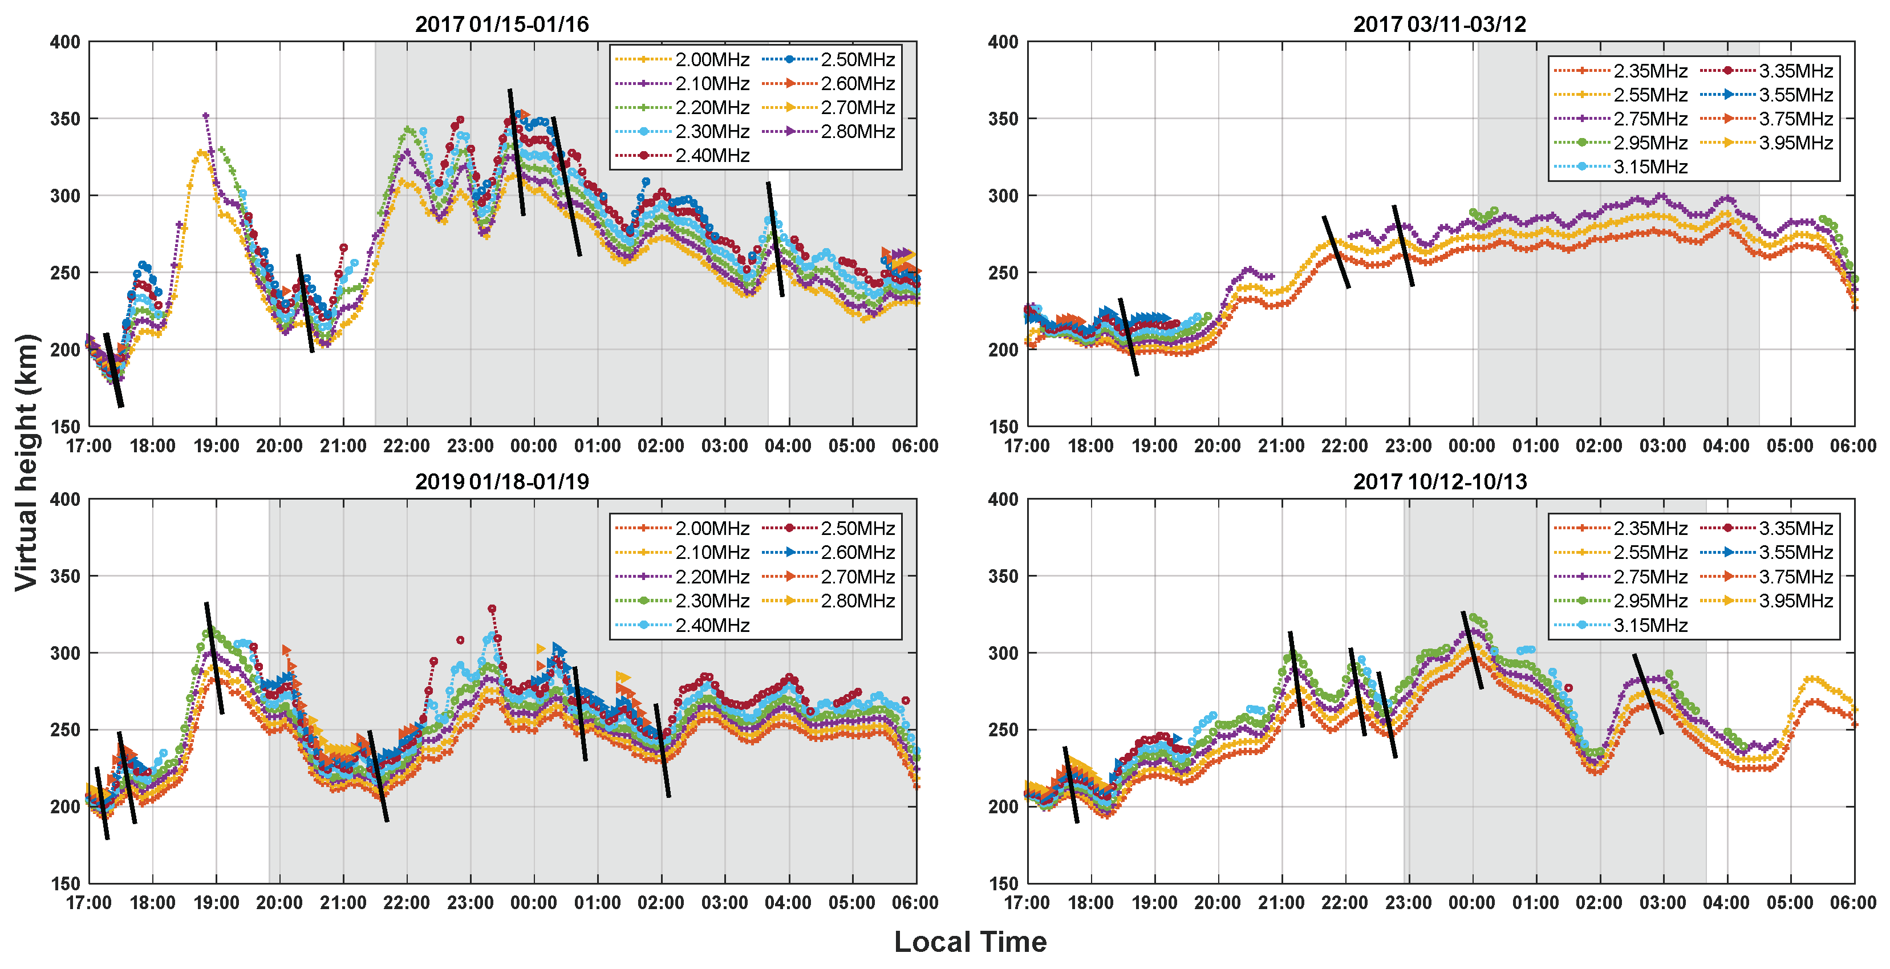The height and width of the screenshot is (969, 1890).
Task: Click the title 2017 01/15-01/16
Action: (502, 24)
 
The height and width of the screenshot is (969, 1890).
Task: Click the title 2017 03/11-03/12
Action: (1439, 24)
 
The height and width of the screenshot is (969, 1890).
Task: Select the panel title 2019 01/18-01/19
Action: (502, 481)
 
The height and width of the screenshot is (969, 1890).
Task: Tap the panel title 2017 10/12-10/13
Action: (1439, 481)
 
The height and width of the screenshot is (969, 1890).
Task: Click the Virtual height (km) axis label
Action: (26, 462)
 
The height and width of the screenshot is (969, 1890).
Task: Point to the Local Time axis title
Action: (970, 942)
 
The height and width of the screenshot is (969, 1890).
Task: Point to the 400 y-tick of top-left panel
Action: (64, 42)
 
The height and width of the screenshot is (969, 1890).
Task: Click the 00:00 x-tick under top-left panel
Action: (533, 446)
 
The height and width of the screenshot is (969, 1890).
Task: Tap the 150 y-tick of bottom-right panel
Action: (1003, 883)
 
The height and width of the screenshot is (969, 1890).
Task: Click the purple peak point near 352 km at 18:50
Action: (205, 116)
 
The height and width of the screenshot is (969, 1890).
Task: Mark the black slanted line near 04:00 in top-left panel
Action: (776, 239)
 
